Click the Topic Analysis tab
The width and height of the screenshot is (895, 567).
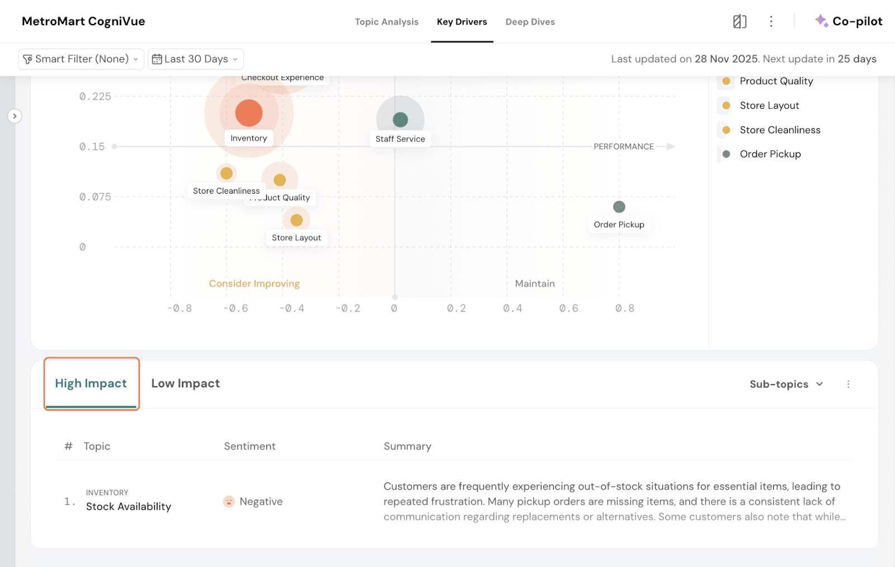(387, 22)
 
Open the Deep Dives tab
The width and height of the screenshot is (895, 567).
(530, 22)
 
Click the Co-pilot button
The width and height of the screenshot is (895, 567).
(849, 21)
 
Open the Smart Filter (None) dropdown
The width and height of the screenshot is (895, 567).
(81, 59)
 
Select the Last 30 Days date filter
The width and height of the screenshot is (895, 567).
(196, 59)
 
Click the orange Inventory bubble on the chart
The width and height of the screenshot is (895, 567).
(249, 113)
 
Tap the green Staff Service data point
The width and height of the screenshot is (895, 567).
(400, 119)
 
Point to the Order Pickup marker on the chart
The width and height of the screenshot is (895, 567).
(619, 207)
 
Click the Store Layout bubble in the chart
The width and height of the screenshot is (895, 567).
(296, 220)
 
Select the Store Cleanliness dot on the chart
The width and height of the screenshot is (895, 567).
(227, 174)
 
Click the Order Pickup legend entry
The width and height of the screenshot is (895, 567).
(770, 154)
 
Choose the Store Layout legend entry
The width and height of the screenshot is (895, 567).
(769, 105)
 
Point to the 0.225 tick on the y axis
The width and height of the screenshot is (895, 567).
(95, 96)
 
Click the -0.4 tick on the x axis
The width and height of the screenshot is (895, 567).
(292, 308)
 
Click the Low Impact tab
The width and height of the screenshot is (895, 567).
(185, 383)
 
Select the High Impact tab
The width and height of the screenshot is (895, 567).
(91, 383)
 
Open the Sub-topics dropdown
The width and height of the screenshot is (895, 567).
(786, 384)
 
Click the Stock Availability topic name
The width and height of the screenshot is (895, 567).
(129, 507)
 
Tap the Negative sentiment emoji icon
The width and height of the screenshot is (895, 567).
(229, 502)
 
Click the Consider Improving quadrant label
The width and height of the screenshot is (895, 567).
(255, 284)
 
